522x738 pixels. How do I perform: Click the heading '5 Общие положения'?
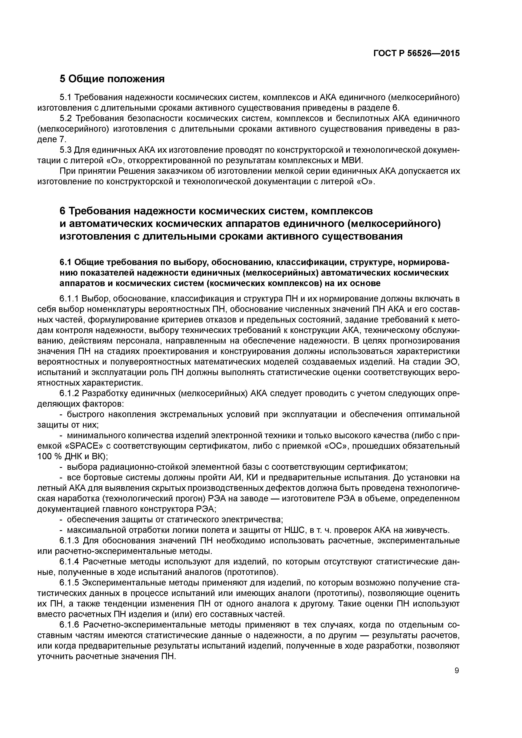(x=112, y=79)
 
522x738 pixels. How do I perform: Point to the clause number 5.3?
(x=67, y=150)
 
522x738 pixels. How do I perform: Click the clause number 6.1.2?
(x=69, y=393)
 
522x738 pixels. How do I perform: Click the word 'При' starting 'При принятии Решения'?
(x=67, y=171)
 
